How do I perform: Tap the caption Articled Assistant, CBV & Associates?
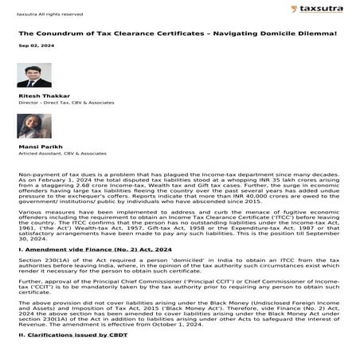[62, 154]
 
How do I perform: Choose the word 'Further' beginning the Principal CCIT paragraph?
[31, 282]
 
